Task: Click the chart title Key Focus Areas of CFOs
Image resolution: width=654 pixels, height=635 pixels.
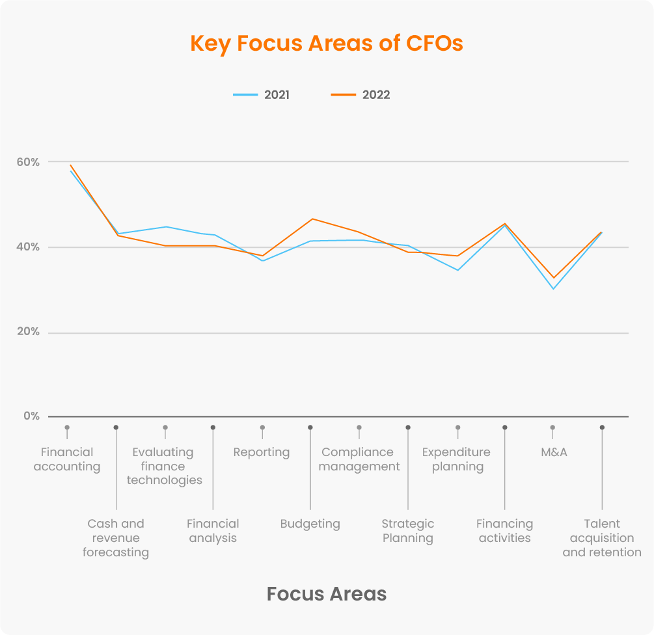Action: tap(327, 44)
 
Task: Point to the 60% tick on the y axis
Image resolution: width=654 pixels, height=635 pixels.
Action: tap(29, 162)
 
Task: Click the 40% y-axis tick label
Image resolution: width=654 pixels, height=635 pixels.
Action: tap(29, 247)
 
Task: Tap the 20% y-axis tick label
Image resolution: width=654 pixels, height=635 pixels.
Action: tap(29, 332)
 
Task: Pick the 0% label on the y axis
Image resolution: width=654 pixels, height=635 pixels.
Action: tap(32, 416)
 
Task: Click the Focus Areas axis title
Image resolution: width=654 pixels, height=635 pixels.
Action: tap(327, 593)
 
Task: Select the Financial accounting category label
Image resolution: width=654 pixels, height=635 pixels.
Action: tap(67, 459)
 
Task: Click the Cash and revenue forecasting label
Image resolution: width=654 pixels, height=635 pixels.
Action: tap(116, 538)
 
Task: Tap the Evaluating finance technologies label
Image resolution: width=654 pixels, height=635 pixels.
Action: tap(165, 466)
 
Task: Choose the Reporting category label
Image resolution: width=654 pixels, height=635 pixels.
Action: tap(262, 452)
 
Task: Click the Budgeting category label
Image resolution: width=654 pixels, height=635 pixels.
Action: tap(310, 524)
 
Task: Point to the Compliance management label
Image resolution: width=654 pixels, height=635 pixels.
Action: tap(359, 459)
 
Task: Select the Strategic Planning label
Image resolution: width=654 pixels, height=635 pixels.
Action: tap(408, 531)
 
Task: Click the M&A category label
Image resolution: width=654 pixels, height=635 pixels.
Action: tap(554, 452)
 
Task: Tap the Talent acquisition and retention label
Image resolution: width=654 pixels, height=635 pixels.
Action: tap(602, 538)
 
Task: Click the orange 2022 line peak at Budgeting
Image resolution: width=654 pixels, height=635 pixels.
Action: tap(312, 219)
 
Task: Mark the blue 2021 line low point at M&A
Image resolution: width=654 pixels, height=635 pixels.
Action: tap(553, 289)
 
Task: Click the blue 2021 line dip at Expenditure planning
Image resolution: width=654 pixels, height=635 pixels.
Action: tap(457, 270)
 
